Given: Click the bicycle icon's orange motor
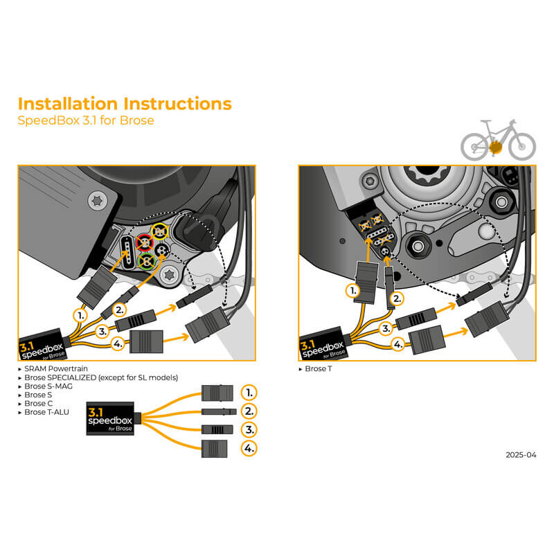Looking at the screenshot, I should [495, 146].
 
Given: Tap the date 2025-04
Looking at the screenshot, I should [521, 455].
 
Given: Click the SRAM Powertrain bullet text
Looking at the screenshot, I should [55, 369].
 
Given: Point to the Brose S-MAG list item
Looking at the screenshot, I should [48, 386].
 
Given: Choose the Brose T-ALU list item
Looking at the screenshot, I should [48, 412].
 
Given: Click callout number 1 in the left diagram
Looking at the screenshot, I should [82, 315].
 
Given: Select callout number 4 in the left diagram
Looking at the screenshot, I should [118, 343].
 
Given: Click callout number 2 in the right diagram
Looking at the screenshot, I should [397, 299].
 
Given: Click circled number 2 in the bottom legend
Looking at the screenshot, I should [249, 411].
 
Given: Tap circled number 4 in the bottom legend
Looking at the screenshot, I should [249, 449].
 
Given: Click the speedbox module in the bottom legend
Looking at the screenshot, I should [111, 418].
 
